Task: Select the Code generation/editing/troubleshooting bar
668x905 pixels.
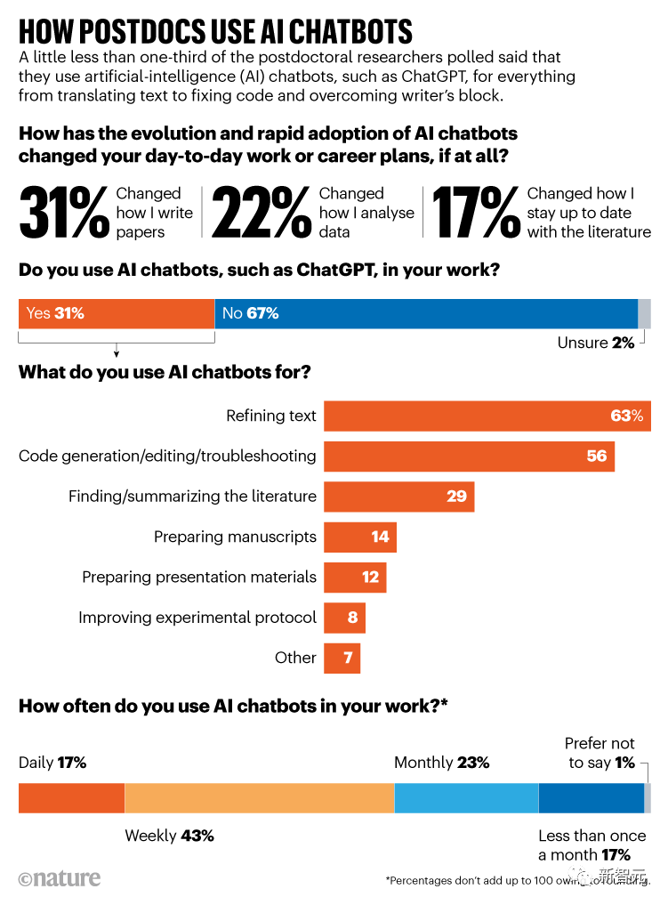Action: [x=469, y=456]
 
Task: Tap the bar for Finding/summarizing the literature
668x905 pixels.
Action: [x=398, y=497]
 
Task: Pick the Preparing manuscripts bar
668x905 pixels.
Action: [x=359, y=537]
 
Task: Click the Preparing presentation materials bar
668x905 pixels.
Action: [x=355, y=577]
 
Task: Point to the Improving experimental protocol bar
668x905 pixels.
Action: [x=344, y=618]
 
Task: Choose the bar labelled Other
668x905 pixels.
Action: [x=342, y=658]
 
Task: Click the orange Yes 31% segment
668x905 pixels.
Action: [x=117, y=313]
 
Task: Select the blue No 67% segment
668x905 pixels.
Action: [x=426, y=313]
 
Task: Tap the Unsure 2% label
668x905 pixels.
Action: [x=595, y=343]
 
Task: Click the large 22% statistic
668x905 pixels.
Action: [x=260, y=213]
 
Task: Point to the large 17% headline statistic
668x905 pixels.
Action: [x=476, y=213]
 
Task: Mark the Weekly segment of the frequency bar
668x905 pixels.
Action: [x=259, y=797]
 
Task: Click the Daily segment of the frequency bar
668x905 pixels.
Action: [x=71, y=797]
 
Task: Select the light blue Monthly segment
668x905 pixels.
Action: [x=466, y=797]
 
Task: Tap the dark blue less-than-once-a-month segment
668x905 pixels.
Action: [x=591, y=797]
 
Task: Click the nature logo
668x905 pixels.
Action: [x=60, y=879]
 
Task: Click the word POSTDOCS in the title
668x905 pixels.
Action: [x=163, y=31]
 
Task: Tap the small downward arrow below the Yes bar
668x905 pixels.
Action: [x=117, y=353]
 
